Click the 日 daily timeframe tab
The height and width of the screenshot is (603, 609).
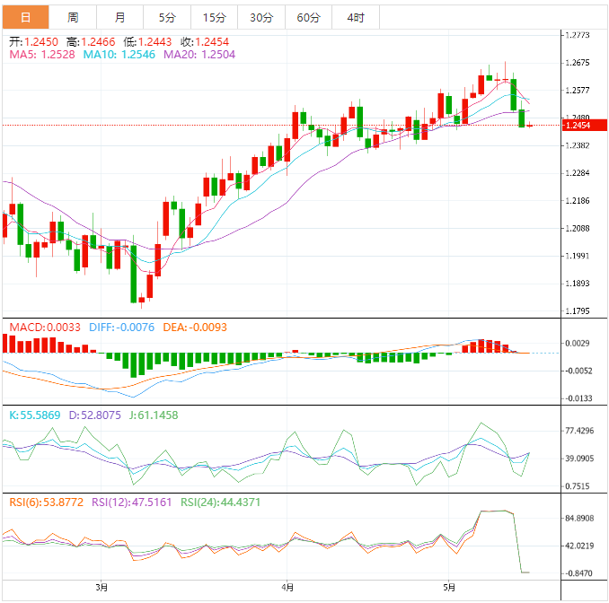pos(24,17)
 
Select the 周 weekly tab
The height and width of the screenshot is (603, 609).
pos(73,17)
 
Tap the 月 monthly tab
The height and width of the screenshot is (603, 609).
pos(120,17)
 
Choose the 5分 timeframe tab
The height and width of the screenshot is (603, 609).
pos(167,17)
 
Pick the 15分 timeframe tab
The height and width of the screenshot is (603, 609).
pos(215,17)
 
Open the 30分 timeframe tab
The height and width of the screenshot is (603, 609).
pos(261,17)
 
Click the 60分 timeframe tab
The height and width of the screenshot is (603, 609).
pos(308,17)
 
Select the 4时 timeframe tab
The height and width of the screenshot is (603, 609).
pos(355,17)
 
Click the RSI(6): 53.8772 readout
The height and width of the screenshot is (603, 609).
pos(46,502)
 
